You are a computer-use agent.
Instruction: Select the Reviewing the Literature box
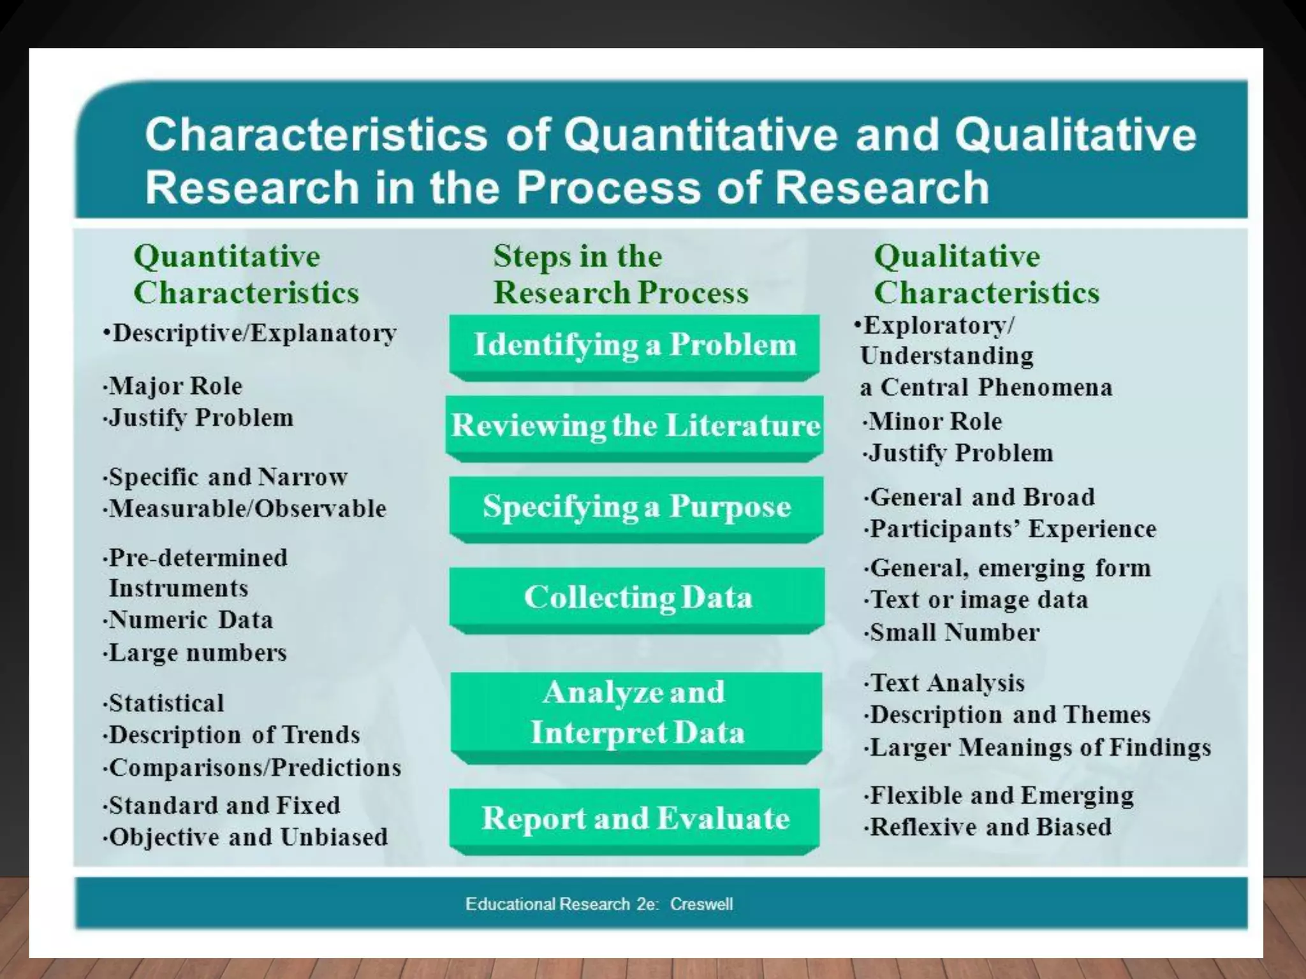635,425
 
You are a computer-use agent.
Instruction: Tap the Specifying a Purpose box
636,507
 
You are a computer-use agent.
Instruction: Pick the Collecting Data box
637,598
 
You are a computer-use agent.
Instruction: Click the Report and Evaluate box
635,818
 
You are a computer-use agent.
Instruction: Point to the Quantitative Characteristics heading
246,275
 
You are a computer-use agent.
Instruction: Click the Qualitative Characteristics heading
986,275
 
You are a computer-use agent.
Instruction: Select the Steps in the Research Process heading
620,275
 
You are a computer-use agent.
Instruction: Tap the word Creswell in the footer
701,904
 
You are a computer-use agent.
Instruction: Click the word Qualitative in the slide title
1075,134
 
